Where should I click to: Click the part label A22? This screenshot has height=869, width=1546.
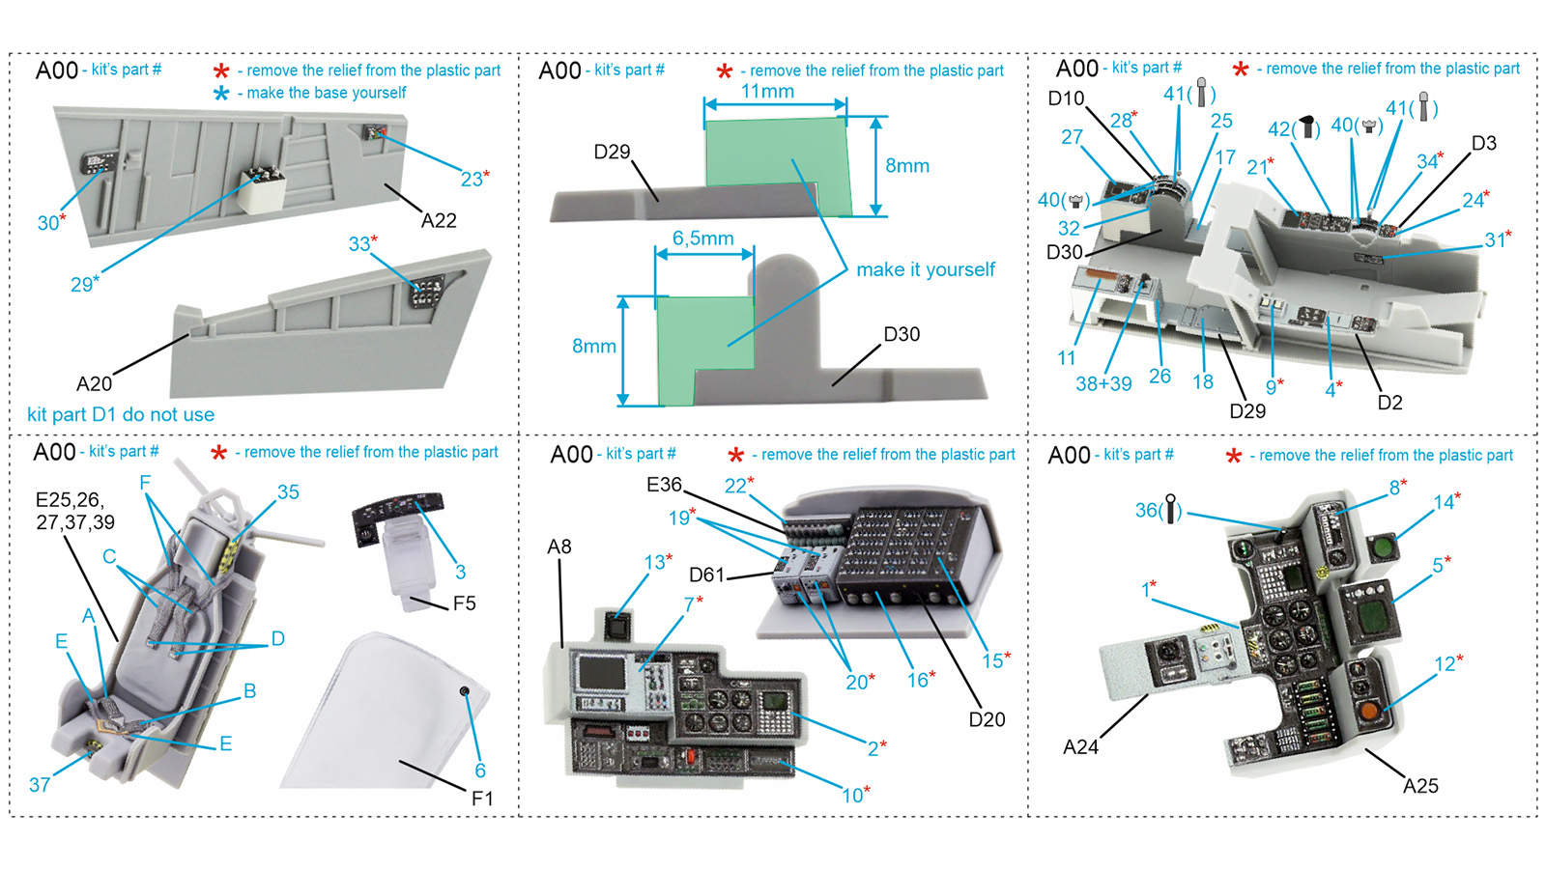coord(439,220)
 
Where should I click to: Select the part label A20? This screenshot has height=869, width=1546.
coord(94,383)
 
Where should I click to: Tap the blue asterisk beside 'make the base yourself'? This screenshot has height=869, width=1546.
coord(221,93)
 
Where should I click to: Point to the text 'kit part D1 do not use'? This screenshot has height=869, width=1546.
coord(121,414)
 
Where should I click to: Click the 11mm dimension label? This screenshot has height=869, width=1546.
coord(767,91)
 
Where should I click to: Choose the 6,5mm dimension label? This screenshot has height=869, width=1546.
coord(702,238)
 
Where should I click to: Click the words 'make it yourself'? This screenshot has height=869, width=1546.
coord(925,269)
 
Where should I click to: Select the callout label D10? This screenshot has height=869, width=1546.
coord(1066,98)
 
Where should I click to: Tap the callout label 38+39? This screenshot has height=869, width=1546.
coord(1103,383)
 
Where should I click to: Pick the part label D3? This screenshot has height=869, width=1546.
coord(1483,143)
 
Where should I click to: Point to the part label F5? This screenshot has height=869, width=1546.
coord(464,603)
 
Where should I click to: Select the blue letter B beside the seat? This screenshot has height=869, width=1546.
coord(249,690)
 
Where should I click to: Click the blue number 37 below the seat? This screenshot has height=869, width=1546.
coord(40,784)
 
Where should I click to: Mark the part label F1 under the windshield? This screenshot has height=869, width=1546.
coord(482,798)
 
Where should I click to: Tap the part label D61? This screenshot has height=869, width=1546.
coord(706,575)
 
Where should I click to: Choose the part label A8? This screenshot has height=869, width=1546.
coord(559,547)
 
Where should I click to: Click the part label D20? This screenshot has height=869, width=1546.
coord(987,718)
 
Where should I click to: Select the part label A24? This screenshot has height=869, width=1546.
coord(1080,746)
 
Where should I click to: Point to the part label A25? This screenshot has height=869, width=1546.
coord(1420,785)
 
